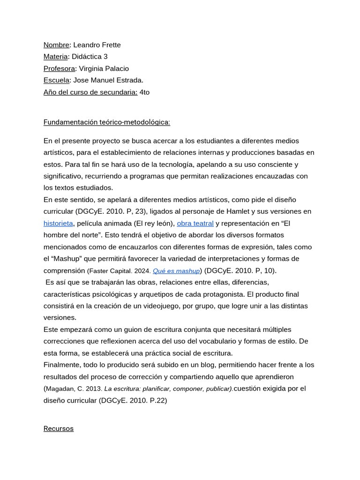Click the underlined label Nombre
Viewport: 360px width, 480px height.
56,45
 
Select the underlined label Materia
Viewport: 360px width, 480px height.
56,57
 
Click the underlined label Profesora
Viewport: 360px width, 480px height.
59,68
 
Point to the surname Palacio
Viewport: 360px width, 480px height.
115,68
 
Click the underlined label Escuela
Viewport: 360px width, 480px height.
57,80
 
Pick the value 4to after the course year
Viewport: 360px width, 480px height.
144,92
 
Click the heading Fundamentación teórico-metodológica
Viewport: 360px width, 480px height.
107,122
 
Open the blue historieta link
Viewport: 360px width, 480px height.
58,223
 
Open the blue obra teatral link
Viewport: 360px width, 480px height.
195,223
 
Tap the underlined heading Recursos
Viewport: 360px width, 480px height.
59,428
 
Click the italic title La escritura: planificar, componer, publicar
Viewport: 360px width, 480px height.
168,389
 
